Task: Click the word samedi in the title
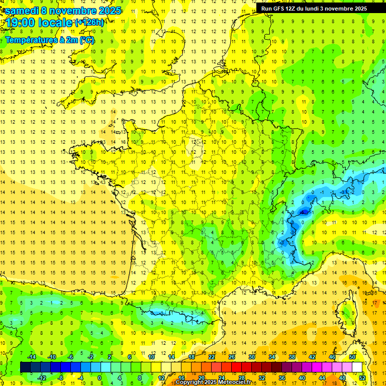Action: coord(22,10)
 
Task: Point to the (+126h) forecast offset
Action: coord(89,22)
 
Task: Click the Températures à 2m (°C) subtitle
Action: coord(49,40)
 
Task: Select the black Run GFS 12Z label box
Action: coord(314,8)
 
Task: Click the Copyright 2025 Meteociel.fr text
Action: coord(213,382)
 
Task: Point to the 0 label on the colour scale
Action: coord(99,378)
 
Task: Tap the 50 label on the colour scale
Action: coord(352,357)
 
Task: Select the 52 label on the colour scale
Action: coord(362,378)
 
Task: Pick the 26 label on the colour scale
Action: coord(232,357)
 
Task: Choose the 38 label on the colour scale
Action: coord(292,357)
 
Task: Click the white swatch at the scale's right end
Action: coord(357,367)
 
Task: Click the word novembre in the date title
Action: coord(78,10)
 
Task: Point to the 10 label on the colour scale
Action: coord(151,357)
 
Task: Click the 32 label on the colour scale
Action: coord(262,378)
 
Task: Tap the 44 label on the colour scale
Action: coord(322,378)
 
